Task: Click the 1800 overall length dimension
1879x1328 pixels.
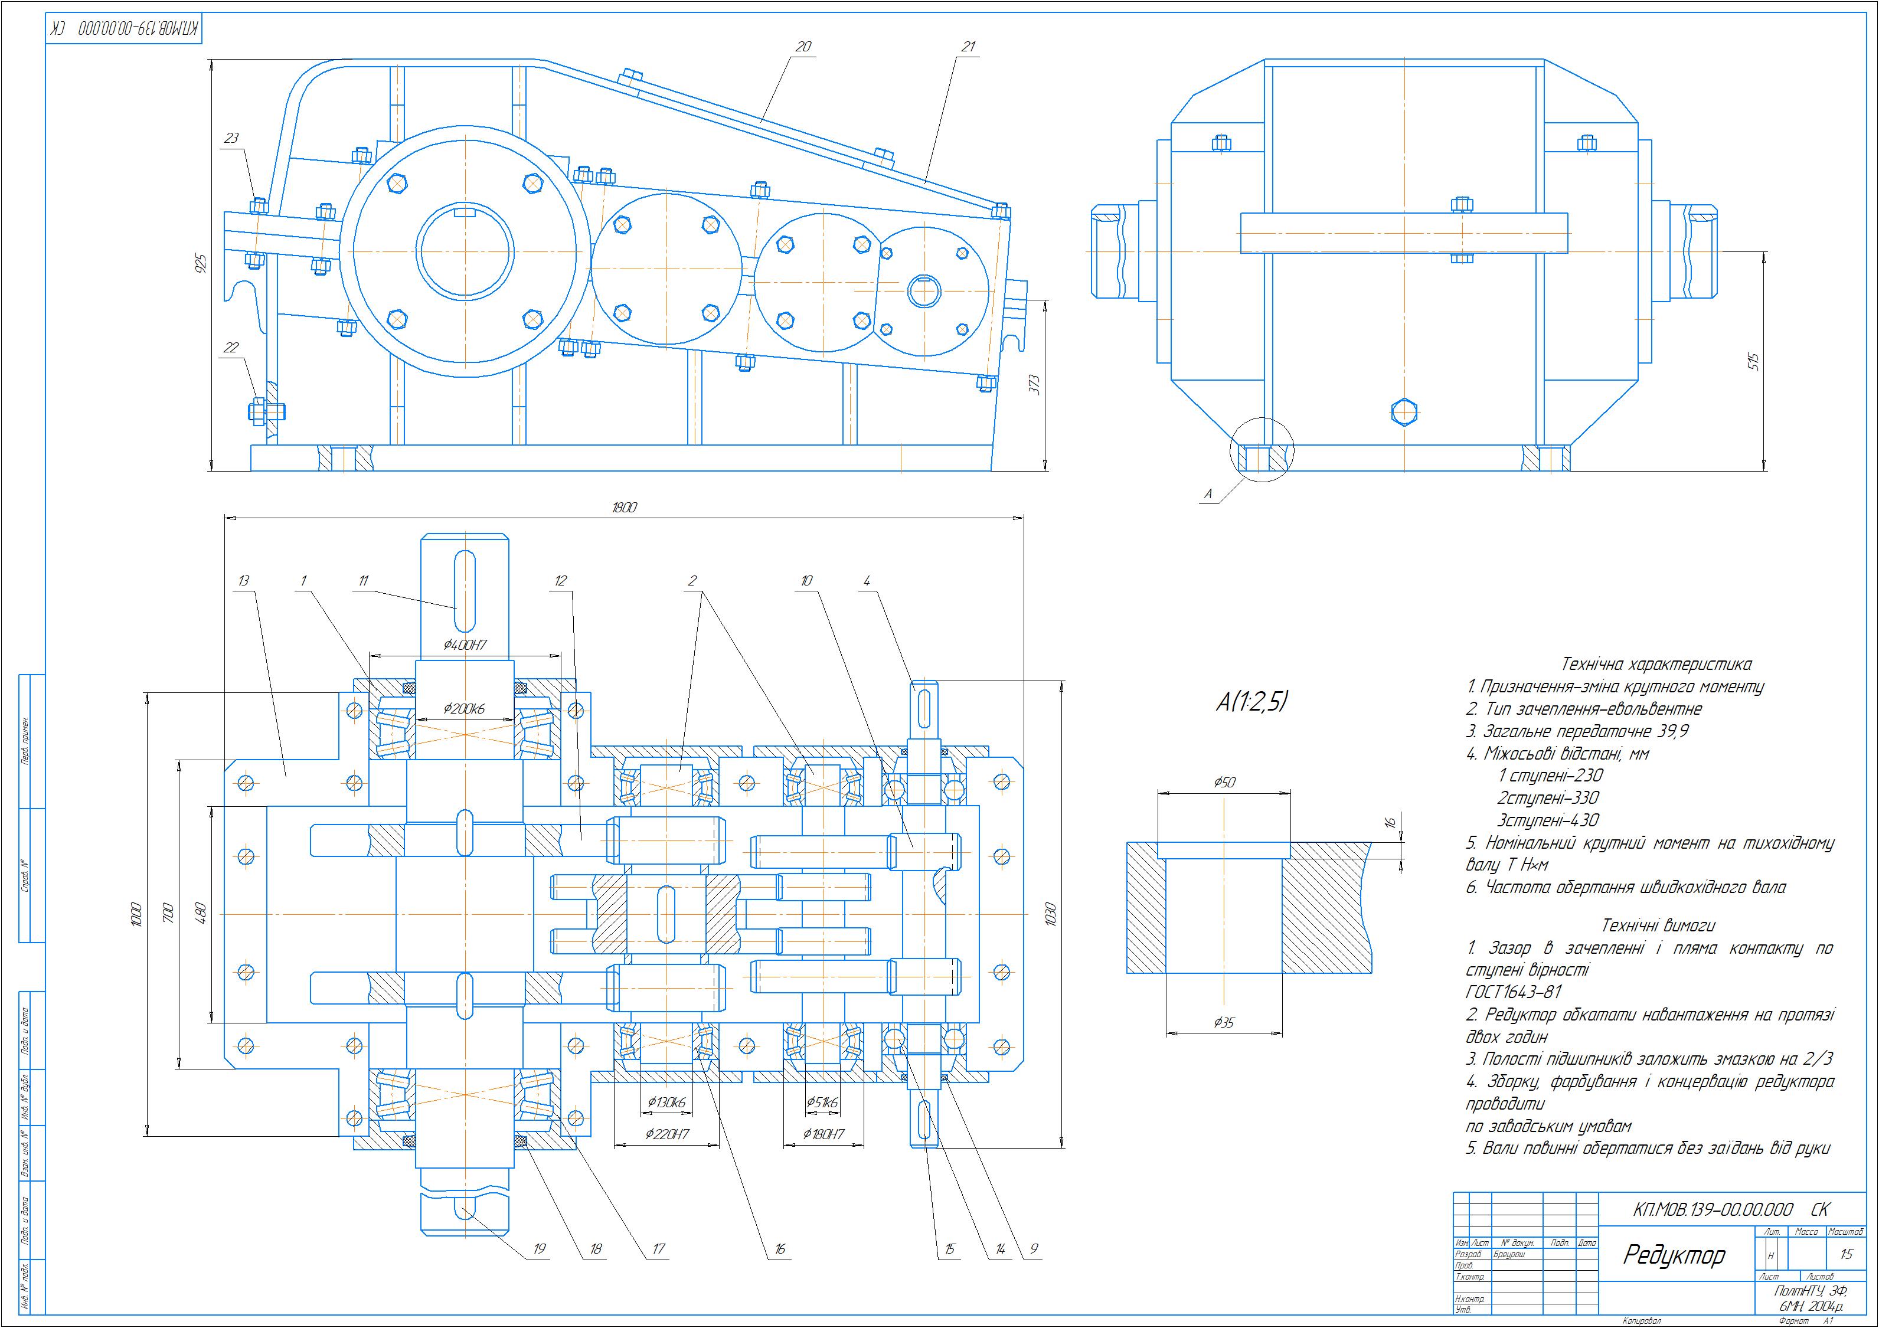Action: coord(623,508)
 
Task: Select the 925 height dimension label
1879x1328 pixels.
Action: coord(202,263)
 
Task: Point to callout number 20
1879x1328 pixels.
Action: coord(803,47)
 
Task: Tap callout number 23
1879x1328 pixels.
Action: coord(231,138)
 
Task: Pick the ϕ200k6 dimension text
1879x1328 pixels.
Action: coord(464,709)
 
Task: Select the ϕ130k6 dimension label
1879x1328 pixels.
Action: coord(666,1102)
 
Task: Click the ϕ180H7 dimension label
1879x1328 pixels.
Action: coord(824,1134)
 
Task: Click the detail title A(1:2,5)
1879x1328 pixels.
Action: coord(1252,701)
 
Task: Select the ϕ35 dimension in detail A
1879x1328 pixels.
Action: coord(1224,1022)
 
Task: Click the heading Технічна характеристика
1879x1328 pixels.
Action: coord(1656,665)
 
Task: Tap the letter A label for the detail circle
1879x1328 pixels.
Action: coord(1208,494)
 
